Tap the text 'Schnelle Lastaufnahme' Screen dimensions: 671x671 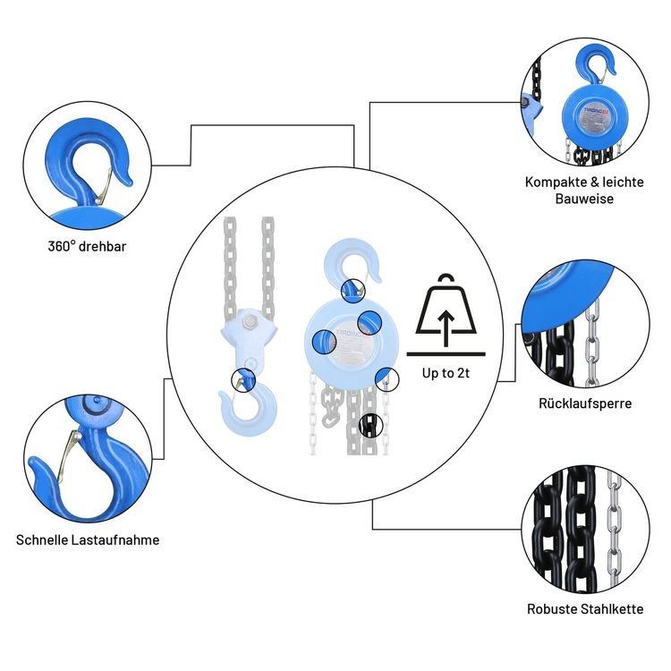[88, 540]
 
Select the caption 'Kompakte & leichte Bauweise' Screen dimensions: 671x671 [583, 190]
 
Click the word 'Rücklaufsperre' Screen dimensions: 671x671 [585, 403]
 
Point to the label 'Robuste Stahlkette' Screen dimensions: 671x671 [585, 609]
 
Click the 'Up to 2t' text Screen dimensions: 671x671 [445, 373]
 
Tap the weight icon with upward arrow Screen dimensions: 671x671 [445, 309]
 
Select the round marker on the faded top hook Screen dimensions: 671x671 [352, 288]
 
